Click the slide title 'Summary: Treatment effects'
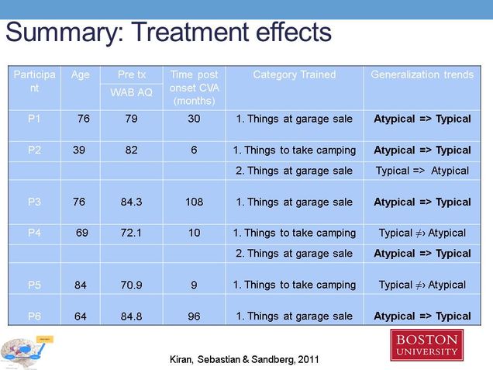pyautogui.click(x=168, y=33)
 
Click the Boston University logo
pyautogui.click(x=426, y=345)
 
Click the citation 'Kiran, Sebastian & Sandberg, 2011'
pyautogui.click(x=243, y=359)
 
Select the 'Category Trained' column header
pyautogui.click(x=295, y=75)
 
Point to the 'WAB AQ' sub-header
pyautogui.click(x=131, y=94)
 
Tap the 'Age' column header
pyautogui.click(x=81, y=75)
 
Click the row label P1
pyautogui.click(x=34, y=119)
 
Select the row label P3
pyautogui.click(x=34, y=202)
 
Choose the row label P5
pyautogui.click(x=34, y=285)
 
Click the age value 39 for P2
pyautogui.click(x=79, y=150)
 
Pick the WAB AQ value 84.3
pyautogui.click(x=131, y=202)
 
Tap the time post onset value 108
pyautogui.click(x=194, y=202)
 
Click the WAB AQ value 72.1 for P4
pyautogui.click(x=131, y=233)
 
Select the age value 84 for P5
pyautogui.click(x=81, y=285)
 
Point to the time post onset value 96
pyautogui.click(x=194, y=316)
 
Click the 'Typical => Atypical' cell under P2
pyautogui.click(x=422, y=171)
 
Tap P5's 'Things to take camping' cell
pyautogui.click(x=295, y=285)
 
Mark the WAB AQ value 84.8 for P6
pyautogui.click(x=131, y=316)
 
